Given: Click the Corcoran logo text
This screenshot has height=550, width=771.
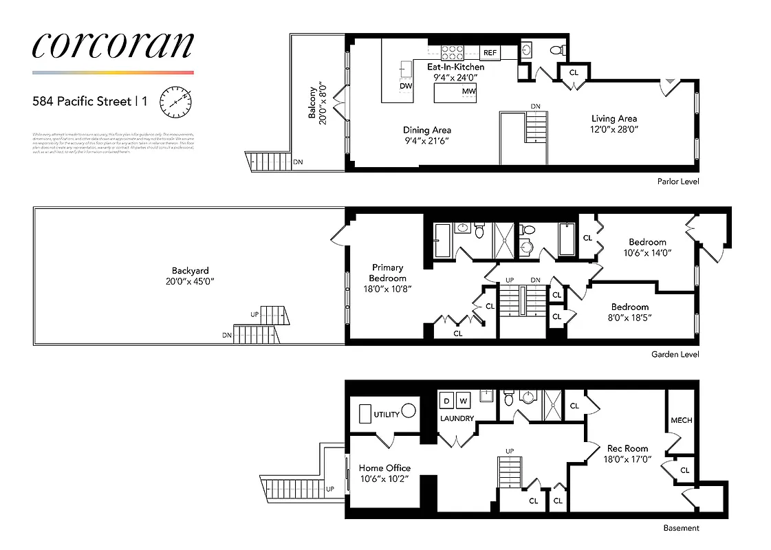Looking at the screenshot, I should tap(113, 45).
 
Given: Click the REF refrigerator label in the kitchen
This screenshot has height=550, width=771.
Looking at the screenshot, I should tap(490, 53).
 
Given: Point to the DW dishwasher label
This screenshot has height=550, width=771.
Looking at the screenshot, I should tap(406, 87).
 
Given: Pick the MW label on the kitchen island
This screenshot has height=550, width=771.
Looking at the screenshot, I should tap(469, 91).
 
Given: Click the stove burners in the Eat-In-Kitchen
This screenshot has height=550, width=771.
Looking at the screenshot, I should tap(453, 52).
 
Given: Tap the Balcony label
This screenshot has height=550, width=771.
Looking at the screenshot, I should tap(313, 103).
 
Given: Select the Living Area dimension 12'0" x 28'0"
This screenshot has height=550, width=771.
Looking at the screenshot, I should tap(613, 129).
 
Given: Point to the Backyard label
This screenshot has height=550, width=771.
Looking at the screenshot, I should tap(190, 271).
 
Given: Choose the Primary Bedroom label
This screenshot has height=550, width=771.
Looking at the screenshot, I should tap(387, 273).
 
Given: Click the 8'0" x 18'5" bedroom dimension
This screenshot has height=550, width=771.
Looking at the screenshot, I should tap(629, 318).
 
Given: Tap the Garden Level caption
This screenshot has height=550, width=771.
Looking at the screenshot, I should tap(675, 355).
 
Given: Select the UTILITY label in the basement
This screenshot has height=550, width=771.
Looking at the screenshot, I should tap(386, 415).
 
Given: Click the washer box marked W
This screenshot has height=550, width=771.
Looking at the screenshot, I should tap(463, 401).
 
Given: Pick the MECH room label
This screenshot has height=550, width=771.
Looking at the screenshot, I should tap(681, 420).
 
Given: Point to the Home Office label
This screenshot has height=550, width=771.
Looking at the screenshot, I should tap(384, 468).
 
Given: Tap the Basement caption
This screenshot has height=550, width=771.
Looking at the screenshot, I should tap(681, 528).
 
